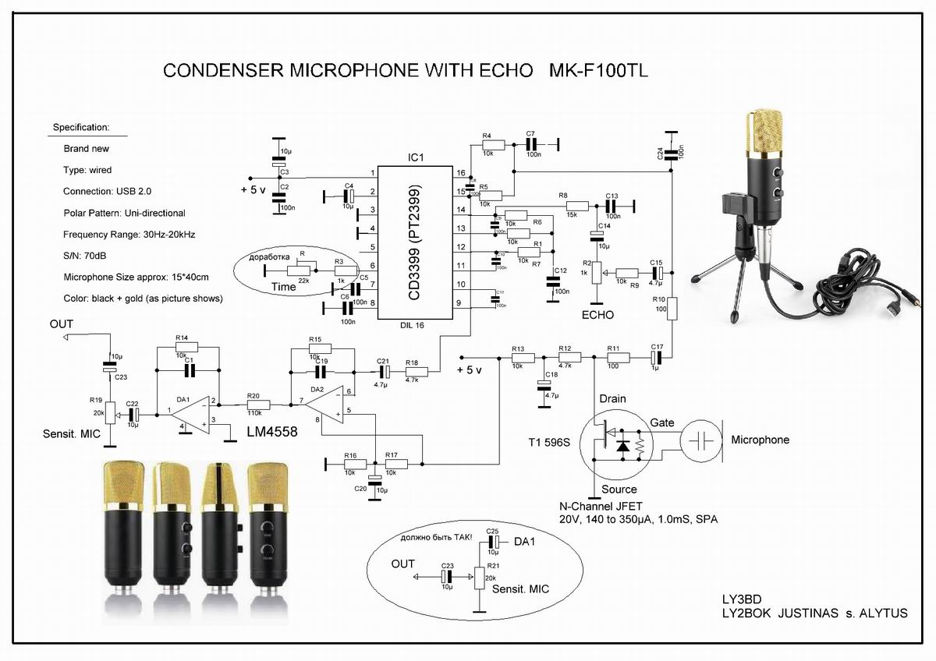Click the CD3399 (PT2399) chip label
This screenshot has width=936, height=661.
point(415,242)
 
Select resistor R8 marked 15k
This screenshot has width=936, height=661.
point(575,205)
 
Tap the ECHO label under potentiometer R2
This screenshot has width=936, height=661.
point(597,315)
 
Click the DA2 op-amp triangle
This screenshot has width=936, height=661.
point(322,406)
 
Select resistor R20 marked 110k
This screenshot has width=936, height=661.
point(258,405)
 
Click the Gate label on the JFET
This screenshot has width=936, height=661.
point(662,422)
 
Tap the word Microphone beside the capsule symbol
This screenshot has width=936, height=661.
point(760,440)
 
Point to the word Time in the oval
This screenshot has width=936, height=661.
point(284,287)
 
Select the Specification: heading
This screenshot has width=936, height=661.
point(81,127)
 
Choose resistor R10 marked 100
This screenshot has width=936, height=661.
point(672,309)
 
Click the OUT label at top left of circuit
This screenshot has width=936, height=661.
point(61,323)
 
